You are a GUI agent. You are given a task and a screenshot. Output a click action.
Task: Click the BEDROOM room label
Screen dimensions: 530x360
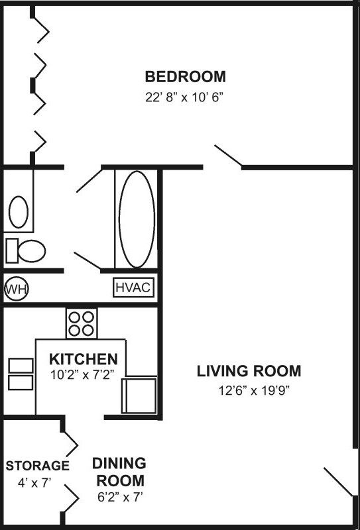[x=185, y=76]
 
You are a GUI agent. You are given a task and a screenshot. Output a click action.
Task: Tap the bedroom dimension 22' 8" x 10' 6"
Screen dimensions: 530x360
[x=185, y=97]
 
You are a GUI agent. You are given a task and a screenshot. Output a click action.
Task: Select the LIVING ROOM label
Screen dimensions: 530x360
[x=249, y=371]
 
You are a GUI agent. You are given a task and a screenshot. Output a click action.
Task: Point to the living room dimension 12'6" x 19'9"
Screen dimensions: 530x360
[x=249, y=390]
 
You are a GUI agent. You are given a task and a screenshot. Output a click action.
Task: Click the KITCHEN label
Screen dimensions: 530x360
[x=84, y=359]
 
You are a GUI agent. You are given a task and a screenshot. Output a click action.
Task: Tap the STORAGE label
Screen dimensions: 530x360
[x=37, y=466]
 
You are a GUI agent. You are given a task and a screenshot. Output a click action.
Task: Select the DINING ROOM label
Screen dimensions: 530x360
[x=119, y=471]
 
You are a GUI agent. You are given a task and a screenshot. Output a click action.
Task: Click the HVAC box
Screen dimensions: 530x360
[x=134, y=288]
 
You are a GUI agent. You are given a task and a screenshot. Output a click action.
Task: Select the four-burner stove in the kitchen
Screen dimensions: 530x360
[x=81, y=323]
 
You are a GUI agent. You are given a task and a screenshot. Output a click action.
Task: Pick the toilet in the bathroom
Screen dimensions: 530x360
[x=27, y=250]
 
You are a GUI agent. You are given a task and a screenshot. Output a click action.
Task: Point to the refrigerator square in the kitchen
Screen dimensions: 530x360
[x=139, y=395]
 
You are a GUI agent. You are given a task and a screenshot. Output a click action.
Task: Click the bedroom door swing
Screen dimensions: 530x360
[x=227, y=155]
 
